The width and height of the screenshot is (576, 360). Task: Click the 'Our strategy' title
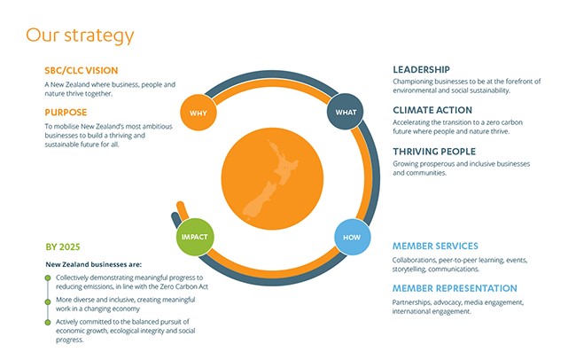[80, 35]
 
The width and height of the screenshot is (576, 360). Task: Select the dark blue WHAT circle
[344, 113]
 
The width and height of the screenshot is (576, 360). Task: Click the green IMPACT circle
[194, 237]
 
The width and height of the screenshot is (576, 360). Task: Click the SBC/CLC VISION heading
[82, 70]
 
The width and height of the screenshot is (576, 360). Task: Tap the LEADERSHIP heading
[422, 69]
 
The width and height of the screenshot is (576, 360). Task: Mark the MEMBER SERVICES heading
[435, 246]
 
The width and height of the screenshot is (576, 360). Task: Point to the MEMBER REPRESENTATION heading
[455, 288]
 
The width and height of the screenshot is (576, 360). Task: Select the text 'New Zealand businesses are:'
[93, 264]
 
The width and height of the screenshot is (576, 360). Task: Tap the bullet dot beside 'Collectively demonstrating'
[47, 278]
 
